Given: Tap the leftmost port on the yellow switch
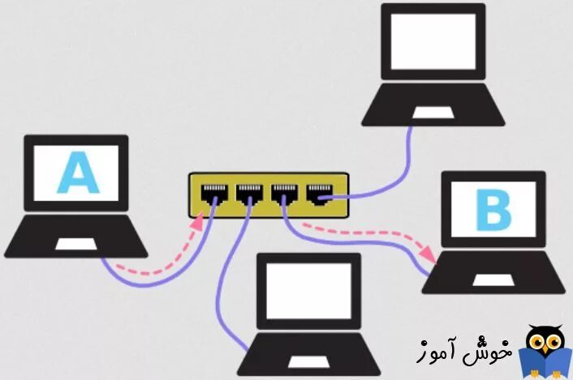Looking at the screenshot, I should [214, 194].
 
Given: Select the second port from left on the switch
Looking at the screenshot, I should [248, 194].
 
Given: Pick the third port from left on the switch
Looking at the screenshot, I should [283, 194].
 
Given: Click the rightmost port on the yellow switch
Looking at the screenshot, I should [316, 193].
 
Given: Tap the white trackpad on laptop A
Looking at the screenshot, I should [75, 243].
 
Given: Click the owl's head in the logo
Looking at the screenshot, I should [538, 341].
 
